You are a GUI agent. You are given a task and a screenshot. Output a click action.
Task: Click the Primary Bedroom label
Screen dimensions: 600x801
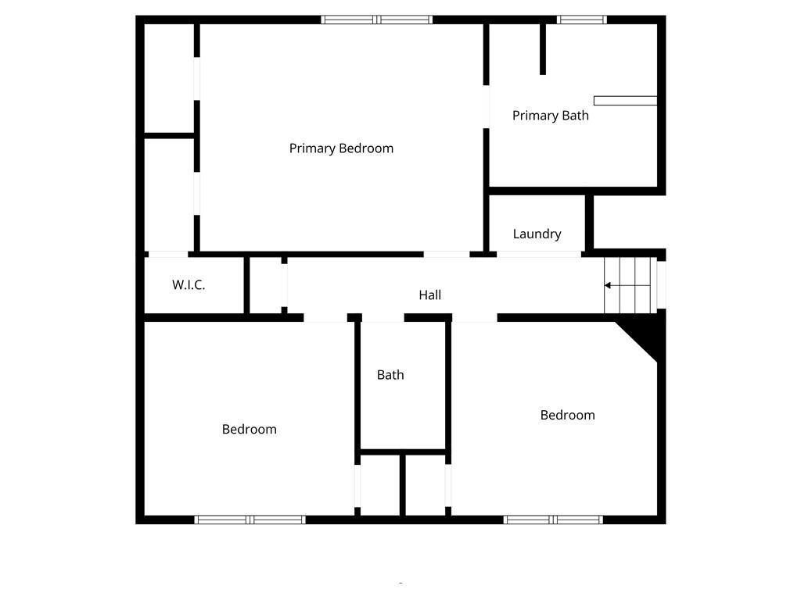point(341,148)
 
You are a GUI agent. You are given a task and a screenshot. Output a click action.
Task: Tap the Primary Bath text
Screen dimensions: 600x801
point(550,116)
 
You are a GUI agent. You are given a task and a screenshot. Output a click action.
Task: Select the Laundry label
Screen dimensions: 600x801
point(537,234)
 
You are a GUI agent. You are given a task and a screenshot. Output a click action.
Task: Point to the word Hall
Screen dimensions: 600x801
point(429,295)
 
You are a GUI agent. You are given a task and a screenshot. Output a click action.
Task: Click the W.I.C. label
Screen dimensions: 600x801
point(189,285)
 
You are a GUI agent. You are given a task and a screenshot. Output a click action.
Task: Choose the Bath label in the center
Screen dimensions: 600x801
point(390,375)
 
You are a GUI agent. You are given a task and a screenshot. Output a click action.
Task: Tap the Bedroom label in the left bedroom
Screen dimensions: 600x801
point(249,429)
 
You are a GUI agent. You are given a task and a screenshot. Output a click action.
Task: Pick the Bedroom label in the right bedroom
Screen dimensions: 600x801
point(567,415)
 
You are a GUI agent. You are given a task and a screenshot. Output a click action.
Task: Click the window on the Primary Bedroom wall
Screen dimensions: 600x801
point(376,20)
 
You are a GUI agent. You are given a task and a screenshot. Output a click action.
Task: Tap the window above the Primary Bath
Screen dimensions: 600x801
point(581,20)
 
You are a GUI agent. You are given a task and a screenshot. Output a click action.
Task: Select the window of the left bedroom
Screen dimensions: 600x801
point(250,520)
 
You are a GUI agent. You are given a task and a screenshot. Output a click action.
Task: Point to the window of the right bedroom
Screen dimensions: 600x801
point(553,520)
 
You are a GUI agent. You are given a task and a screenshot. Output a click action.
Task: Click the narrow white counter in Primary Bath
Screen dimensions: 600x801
point(625,100)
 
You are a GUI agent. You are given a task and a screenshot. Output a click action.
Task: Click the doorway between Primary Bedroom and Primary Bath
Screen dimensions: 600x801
point(486,107)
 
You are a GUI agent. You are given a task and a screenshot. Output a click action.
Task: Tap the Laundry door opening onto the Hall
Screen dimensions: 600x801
point(539,254)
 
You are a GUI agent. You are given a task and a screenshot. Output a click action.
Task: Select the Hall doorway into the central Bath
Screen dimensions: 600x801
point(383,317)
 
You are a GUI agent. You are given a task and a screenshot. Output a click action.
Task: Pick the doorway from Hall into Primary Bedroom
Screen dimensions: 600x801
point(447,254)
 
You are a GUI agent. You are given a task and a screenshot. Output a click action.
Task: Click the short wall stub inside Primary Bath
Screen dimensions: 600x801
point(543,48)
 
